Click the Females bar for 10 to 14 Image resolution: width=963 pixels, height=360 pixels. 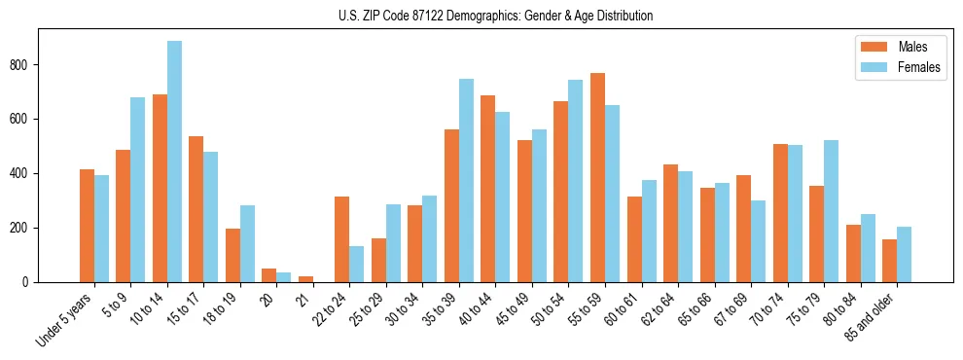tap(174, 162)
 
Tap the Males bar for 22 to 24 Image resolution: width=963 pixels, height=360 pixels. tap(342, 239)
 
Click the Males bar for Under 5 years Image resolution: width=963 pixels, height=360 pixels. tap(87, 226)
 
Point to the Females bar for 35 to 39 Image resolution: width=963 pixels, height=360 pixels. tap(466, 181)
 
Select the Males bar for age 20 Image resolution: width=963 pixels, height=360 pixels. tap(269, 275)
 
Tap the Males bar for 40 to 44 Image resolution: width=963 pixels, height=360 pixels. tap(488, 189)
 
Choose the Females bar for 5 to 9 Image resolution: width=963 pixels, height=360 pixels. tap(138, 190)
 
